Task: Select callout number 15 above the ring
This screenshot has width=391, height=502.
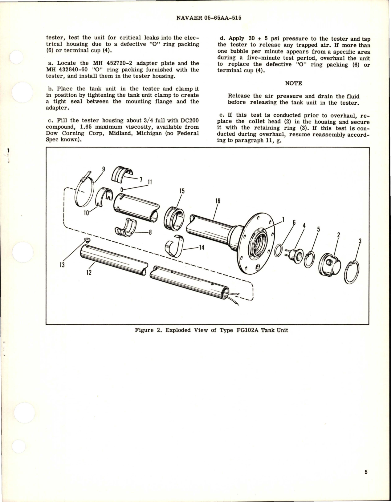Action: click(182, 191)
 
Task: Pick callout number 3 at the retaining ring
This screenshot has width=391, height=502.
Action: click(360, 241)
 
